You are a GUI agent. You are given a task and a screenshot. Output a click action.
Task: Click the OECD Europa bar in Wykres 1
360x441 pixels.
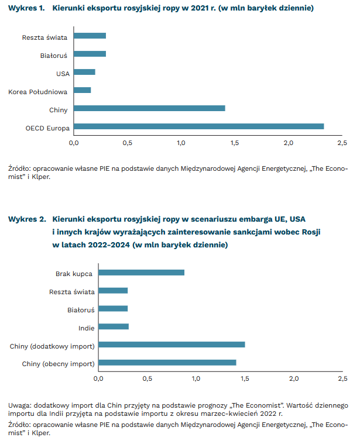pos(199,126)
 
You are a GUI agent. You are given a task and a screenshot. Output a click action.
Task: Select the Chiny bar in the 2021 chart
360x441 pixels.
pos(149,108)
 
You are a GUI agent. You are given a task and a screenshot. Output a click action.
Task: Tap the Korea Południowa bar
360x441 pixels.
pos(83,90)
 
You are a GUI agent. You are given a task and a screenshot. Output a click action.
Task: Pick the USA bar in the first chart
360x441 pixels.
pos(84,72)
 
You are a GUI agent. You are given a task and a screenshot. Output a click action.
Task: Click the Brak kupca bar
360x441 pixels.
pos(141,273)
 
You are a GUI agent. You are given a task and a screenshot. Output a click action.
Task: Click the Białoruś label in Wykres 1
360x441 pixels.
pos(54,55)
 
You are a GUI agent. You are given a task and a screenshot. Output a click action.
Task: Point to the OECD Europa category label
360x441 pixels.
pos(47,128)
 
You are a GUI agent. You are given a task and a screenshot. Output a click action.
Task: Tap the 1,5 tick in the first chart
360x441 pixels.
pos(235,143)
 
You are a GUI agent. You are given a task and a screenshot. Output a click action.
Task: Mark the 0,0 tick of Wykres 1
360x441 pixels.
pos(74,143)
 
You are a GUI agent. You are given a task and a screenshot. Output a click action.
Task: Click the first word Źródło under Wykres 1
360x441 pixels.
pos(21,170)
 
